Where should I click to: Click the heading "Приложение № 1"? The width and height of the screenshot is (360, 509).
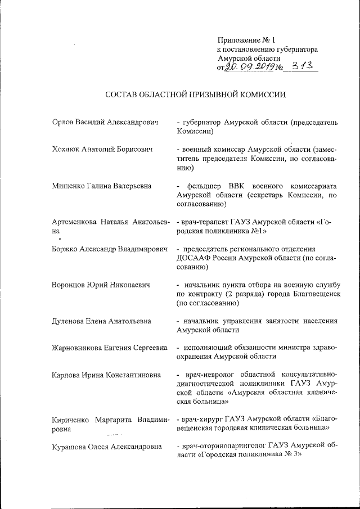point(247,40)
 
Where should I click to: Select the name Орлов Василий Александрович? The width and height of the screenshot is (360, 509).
point(103,122)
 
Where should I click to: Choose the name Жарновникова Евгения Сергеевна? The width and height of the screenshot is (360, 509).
point(109,348)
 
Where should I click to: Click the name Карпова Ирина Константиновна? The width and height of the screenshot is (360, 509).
point(106,375)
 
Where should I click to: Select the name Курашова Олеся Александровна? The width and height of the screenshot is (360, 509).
point(107,447)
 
